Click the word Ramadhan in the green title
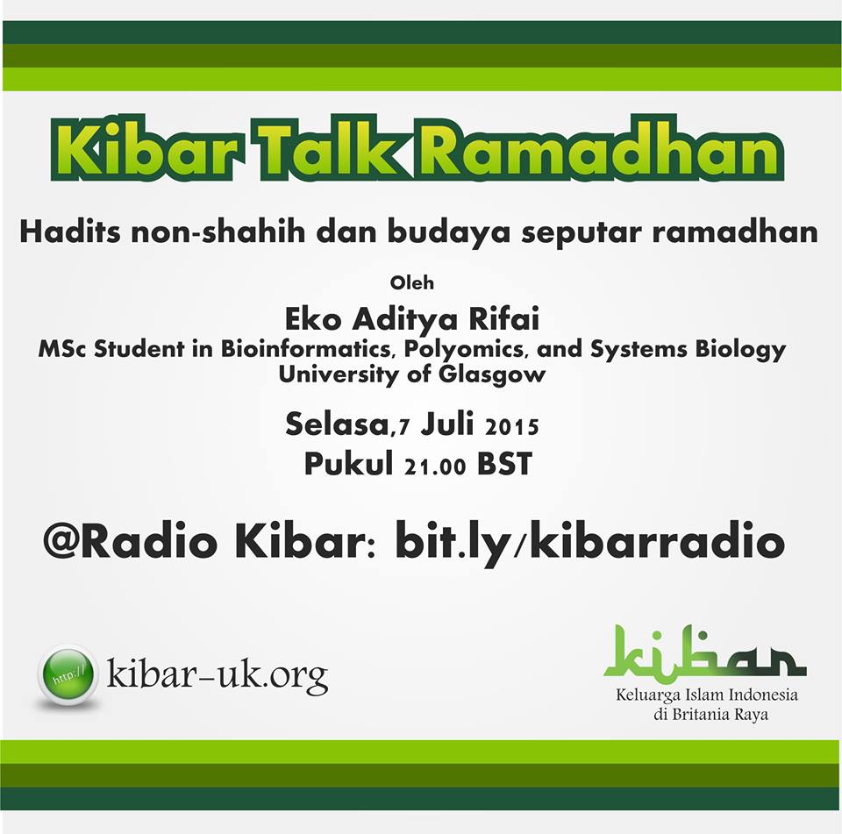point(600,149)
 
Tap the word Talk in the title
point(328,149)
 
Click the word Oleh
point(412,282)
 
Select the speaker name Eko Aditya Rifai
point(412,319)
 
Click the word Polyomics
point(466,350)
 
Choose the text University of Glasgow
point(412,374)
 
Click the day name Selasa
point(337,424)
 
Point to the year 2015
point(511,427)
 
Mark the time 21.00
point(435,467)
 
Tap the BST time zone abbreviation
point(504,464)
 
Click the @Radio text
point(130,541)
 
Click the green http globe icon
point(68,674)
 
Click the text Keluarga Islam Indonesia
point(707,695)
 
